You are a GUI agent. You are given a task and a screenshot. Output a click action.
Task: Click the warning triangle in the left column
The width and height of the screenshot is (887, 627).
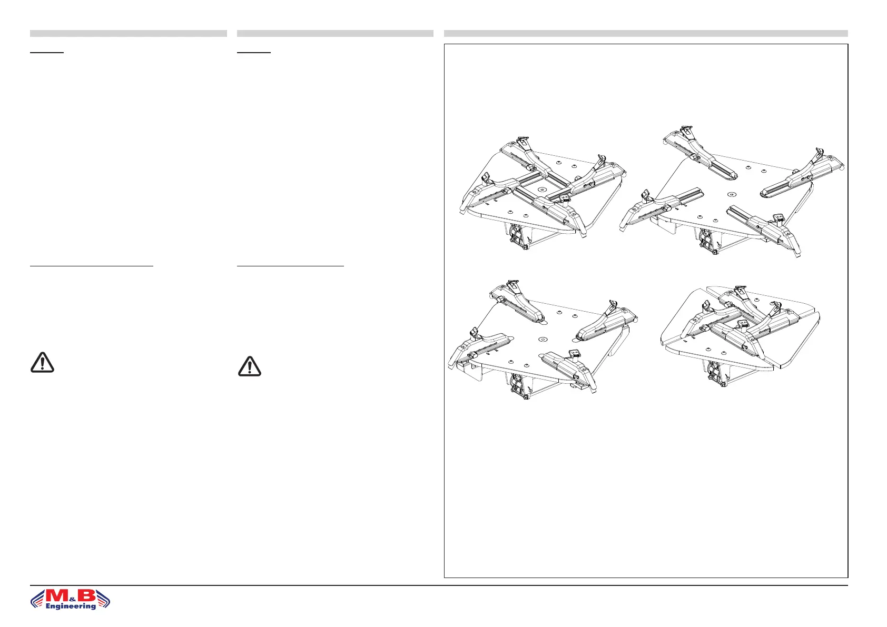[x=42, y=362]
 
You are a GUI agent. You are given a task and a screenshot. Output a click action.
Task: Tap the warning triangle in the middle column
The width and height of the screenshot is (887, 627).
[x=250, y=366]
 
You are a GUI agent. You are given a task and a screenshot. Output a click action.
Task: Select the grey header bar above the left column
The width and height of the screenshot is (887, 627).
[x=128, y=34]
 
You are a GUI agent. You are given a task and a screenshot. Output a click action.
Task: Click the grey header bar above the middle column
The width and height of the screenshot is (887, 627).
[x=335, y=34]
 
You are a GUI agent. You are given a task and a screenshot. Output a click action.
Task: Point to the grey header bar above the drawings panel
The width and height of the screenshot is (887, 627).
[x=646, y=34]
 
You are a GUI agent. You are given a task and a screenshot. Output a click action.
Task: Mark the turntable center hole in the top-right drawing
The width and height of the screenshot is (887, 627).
[x=732, y=195]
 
